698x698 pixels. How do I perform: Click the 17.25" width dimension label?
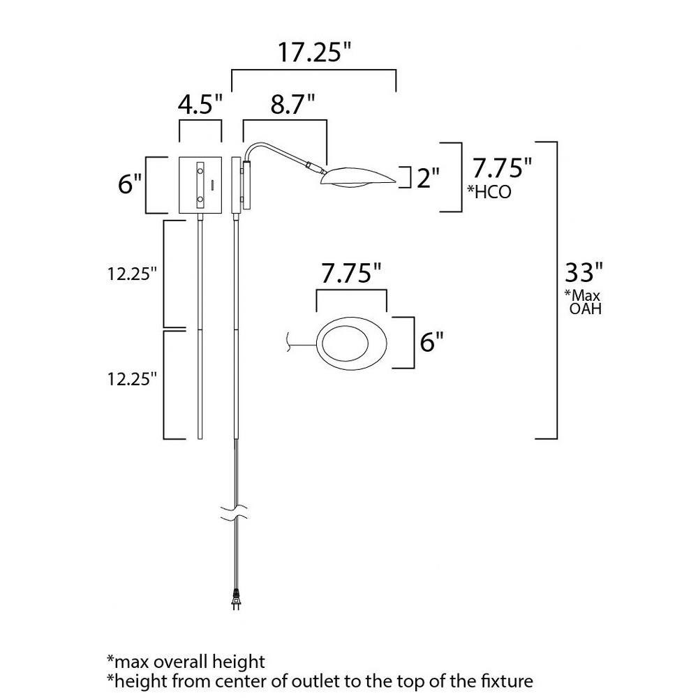[314, 52]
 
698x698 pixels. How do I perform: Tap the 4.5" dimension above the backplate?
[200, 105]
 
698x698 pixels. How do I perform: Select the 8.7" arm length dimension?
[292, 105]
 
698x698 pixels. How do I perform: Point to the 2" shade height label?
[428, 178]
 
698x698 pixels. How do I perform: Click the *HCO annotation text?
[489, 192]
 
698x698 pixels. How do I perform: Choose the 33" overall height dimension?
[584, 272]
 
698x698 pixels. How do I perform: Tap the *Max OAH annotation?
[584, 302]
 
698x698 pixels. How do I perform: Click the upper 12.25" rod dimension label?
[132, 274]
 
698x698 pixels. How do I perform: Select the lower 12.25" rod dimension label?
[132, 379]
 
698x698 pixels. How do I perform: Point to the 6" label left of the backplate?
[130, 184]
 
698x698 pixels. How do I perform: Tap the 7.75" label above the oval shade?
[351, 274]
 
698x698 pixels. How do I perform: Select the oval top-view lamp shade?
[352, 343]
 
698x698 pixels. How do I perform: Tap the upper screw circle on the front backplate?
[200, 170]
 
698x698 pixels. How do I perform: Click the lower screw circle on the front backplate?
[200, 198]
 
